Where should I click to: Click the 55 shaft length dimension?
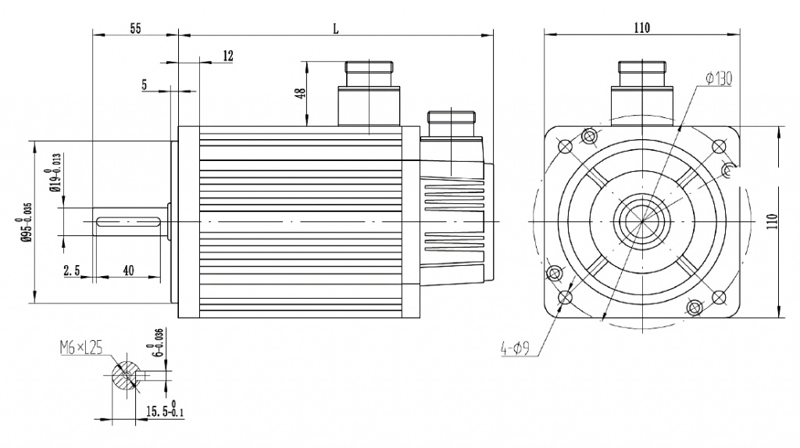(135, 28)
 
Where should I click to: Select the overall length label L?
(336, 29)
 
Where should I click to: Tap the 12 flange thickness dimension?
(228, 56)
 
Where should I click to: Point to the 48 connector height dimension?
(301, 94)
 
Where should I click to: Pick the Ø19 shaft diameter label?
(55, 172)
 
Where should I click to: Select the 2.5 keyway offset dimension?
(72, 271)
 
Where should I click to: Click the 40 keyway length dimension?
(129, 271)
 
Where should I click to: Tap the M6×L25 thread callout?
(81, 349)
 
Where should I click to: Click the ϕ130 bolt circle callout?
(719, 79)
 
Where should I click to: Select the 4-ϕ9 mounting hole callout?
(515, 349)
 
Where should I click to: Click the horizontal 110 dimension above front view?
(642, 27)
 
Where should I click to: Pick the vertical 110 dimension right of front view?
(772, 221)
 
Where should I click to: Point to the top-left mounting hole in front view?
(566, 147)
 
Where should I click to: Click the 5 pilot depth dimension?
(145, 84)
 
